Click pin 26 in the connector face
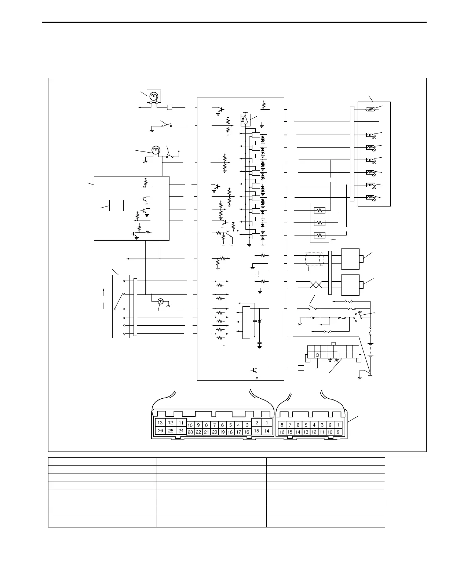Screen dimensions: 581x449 pos(160,431)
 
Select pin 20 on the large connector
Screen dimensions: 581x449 pos(215,432)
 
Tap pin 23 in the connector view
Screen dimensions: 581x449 pos(190,432)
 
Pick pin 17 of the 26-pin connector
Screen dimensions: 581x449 pos(239,432)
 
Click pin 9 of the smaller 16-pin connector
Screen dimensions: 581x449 pos(338,432)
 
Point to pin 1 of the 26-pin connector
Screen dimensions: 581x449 pos(267,423)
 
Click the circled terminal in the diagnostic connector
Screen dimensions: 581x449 pos(317,355)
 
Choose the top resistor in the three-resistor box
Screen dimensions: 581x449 pos(320,211)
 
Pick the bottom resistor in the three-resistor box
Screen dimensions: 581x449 pos(320,235)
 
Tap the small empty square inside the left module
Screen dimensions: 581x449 pos(116,205)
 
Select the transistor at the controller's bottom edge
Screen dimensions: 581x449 pos(254,371)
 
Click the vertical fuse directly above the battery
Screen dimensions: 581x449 pos(370,332)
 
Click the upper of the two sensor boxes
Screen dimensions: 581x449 pos(350,259)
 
